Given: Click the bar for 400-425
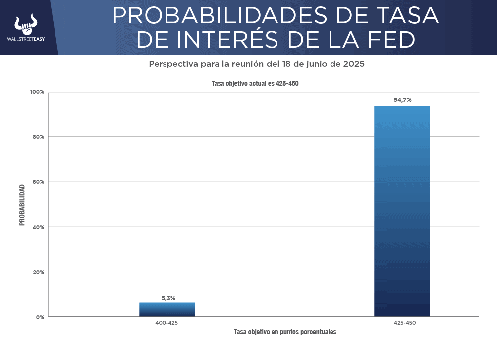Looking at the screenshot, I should point(167,309).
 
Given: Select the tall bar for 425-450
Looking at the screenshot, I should point(402,211).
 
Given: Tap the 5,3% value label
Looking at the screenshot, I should point(168,298).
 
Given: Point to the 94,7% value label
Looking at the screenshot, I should point(402,100).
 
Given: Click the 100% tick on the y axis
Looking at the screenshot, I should point(37,92).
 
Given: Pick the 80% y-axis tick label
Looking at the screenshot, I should point(38,137).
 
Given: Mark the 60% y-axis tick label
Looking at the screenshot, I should point(38,182).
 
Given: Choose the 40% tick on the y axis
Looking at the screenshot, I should point(38,227).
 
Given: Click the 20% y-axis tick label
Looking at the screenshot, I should point(38,272).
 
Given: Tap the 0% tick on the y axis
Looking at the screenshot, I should point(40,317).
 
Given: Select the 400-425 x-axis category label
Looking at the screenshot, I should point(166,323).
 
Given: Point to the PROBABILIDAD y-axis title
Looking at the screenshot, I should point(22,205).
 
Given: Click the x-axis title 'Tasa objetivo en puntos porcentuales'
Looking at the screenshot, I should point(285,332).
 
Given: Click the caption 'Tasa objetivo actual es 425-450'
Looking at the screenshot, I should point(255,84).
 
